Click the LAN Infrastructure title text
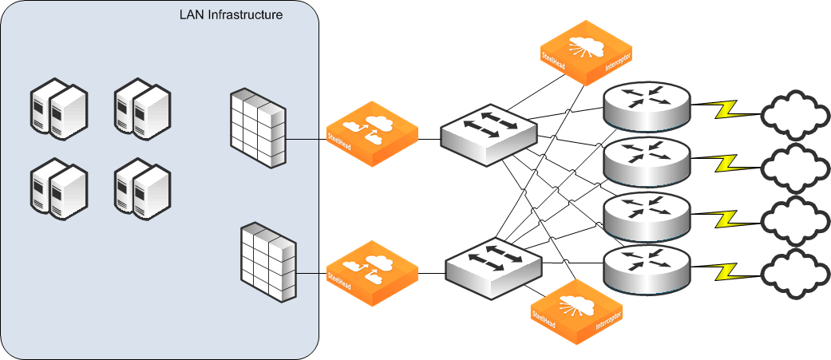pyautogui.click(x=231, y=15)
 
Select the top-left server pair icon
pyautogui.click(x=57, y=105)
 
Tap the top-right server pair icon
pyautogui.click(x=141, y=105)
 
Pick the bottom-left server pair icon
pyautogui.click(x=57, y=188)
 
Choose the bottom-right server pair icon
pyautogui.click(x=141, y=188)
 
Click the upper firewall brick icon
pyautogui.click(x=257, y=129)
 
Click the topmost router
pyautogui.click(x=646, y=105)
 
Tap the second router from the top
pyautogui.click(x=646, y=159)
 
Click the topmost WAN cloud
pyautogui.click(x=796, y=113)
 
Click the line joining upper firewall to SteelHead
pyautogui.click(x=307, y=139)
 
